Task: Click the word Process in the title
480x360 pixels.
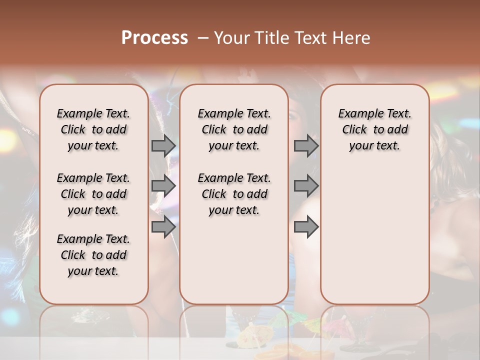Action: [154, 38]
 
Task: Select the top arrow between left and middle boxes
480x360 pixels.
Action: [163, 145]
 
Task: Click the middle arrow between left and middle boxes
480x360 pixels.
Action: [163, 186]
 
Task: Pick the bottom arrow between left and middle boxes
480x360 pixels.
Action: [163, 226]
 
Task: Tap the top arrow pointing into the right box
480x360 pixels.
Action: [306, 145]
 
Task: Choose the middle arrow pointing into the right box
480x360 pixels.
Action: [306, 186]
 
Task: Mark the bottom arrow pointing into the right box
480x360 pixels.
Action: [306, 226]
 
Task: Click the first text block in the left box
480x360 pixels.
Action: [93, 129]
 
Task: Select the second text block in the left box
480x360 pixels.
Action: [93, 194]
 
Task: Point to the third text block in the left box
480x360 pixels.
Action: [93, 255]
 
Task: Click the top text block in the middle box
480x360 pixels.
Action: [234, 129]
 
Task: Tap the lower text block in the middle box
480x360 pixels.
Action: [234, 194]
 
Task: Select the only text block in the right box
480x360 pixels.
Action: [374, 129]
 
